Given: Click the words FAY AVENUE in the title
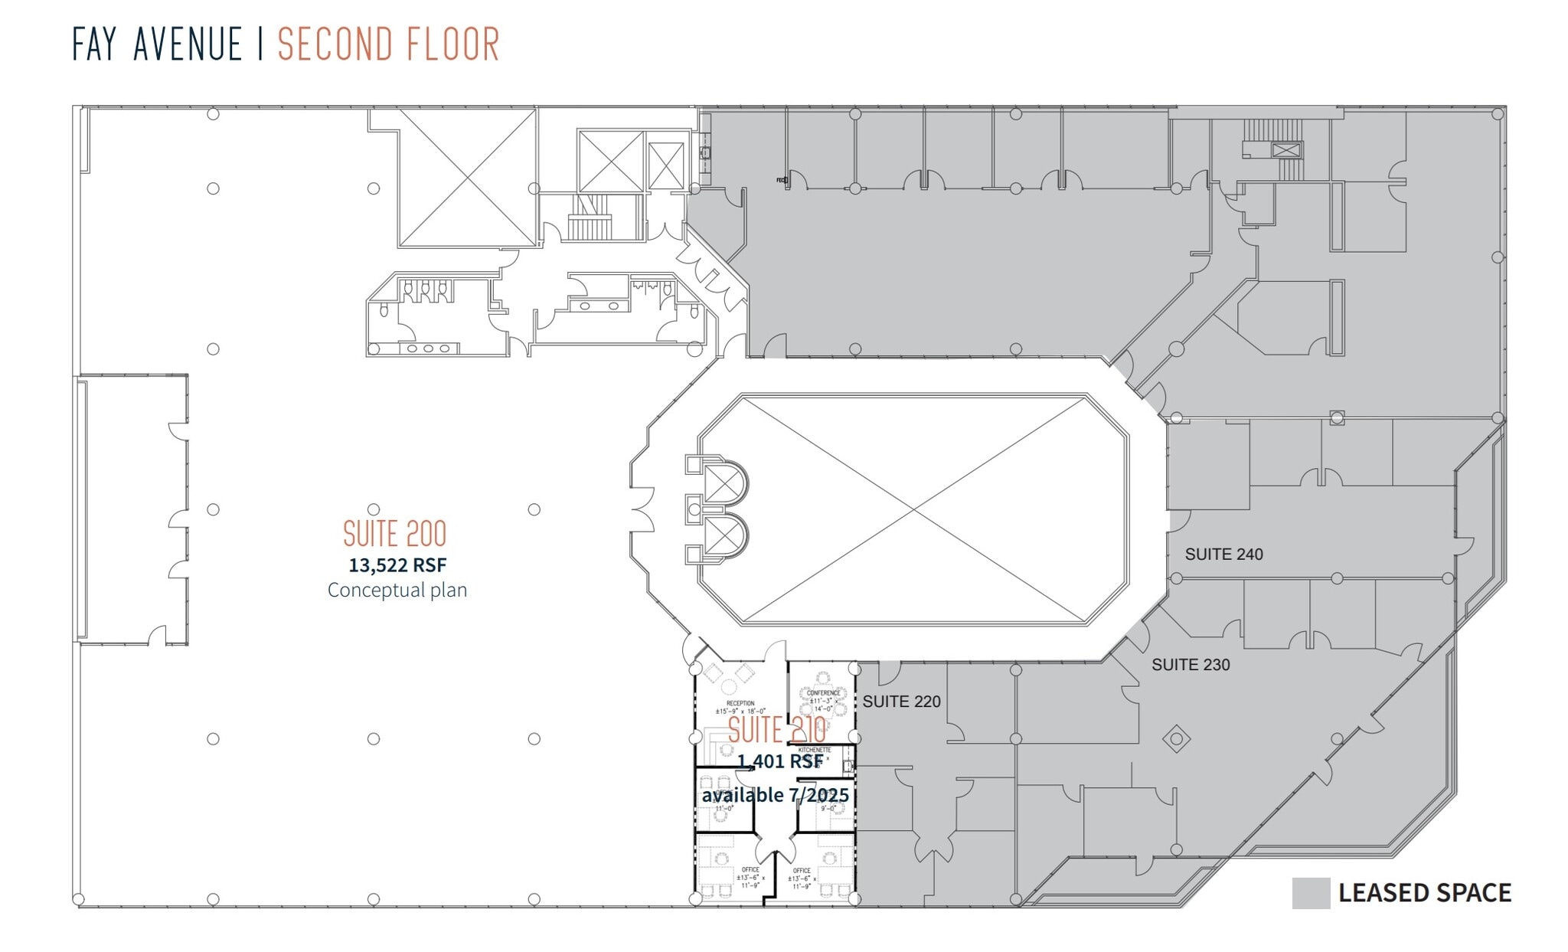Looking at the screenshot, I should click(x=157, y=44).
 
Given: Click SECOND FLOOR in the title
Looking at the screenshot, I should click(x=388, y=44).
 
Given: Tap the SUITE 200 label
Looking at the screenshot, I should click(x=394, y=534).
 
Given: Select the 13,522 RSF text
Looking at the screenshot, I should click(x=397, y=565).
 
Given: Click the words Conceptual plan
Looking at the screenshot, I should click(x=397, y=590).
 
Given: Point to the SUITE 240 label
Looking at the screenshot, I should click(x=1223, y=554).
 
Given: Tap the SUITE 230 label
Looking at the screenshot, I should click(x=1191, y=665).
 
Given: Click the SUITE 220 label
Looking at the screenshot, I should click(x=901, y=702).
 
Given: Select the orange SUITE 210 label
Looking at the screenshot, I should click(x=776, y=730).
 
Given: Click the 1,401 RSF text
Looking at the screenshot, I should click(x=779, y=761).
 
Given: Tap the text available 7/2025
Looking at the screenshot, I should click(x=775, y=795).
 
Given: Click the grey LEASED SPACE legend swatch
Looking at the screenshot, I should click(x=1311, y=893).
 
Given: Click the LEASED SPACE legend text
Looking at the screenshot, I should click(x=1424, y=893).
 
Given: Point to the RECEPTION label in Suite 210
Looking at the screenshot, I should click(x=740, y=703).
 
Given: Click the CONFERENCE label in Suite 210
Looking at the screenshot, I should click(x=823, y=693).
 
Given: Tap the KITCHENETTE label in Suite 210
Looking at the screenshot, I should click(x=815, y=750).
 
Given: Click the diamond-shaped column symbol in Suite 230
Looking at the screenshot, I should click(x=1176, y=739).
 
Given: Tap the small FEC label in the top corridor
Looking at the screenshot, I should click(x=781, y=180).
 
